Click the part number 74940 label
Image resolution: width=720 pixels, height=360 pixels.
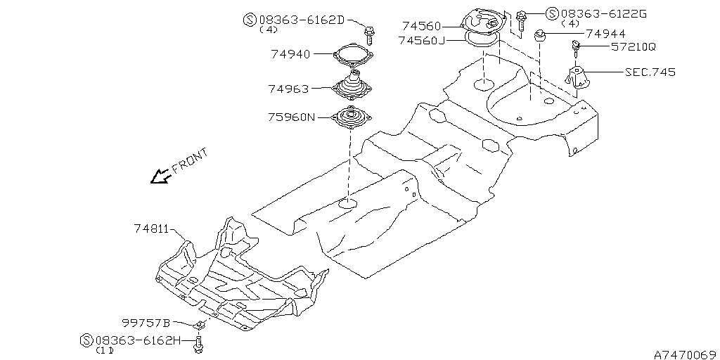[290, 54]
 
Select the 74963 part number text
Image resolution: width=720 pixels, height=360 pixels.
[289, 89]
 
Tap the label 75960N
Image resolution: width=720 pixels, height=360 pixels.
[292, 117]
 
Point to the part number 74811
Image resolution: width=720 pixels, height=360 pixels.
[153, 228]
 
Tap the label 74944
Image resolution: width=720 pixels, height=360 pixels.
[605, 34]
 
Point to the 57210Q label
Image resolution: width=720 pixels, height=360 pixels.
[634, 47]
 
